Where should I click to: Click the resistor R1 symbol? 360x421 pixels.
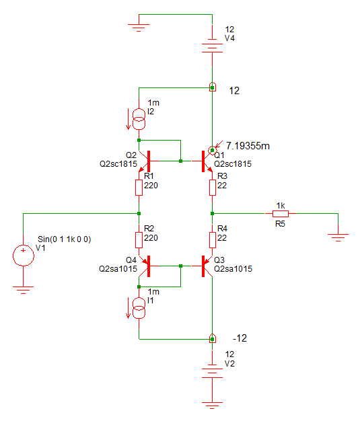pos(139,188)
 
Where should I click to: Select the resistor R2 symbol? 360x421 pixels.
pos(139,240)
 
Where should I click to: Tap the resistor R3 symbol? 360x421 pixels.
pos(212,188)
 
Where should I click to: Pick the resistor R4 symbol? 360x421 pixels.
pos(212,240)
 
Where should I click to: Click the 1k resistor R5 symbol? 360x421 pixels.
pos(281,214)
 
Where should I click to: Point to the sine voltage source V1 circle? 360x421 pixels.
pos(24,256)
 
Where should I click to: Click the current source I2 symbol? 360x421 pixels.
pos(139,119)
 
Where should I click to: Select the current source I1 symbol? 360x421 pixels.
pos(139,308)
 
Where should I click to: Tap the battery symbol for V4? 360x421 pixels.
pos(212,46)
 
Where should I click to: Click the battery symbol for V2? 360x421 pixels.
pos(212,371)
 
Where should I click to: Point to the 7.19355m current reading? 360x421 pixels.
pos(248,146)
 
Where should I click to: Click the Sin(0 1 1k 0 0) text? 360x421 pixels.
pos(64,239)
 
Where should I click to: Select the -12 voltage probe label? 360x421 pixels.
pos(240,338)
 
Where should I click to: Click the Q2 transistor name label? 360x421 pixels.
pos(131,155)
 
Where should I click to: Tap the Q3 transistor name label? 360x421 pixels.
pos(219,260)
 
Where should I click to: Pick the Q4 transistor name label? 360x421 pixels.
pos(131,260)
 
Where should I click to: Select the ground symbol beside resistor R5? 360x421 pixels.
pos(338,237)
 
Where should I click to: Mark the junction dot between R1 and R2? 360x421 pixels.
pos(139,214)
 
